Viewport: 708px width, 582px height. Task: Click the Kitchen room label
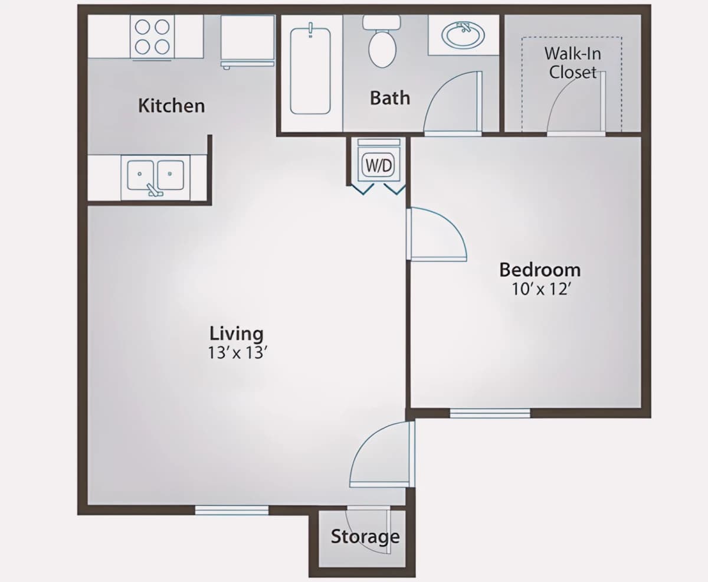pyautogui.click(x=172, y=106)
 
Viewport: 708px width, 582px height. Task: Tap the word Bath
pyautogui.click(x=390, y=98)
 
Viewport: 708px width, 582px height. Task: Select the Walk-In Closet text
pyautogui.click(x=573, y=63)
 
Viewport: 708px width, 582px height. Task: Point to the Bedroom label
pyautogui.click(x=540, y=270)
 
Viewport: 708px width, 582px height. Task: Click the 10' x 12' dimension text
pyautogui.click(x=541, y=289)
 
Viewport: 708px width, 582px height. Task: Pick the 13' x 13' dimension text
pyautogui.click(x=237, y=352)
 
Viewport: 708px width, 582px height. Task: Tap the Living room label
pyautogui.click(x=237, y=333)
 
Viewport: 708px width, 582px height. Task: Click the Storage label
pyautogui.click(x=365, y=537)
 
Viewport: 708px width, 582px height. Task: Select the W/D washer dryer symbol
pyautogui.click(x=379, y=165)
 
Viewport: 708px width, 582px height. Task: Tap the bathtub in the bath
pyautogui.click(x=310, y=70)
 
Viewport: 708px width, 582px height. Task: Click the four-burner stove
pyautogui.click(x=152, y=37)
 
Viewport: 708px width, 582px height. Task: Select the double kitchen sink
pyautogui.click(x=155, y=176)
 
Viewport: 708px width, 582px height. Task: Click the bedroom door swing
pyautogui.click(x=437, y=234)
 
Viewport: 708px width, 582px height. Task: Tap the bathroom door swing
pyautogui.click(x=453, y=103)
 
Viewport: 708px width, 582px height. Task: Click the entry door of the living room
pyautogui.click(x=382, y=454)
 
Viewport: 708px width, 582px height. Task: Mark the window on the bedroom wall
pyautogui.click(x=490, y=413)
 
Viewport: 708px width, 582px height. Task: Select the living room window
pyautogui.click(x=232, y=510)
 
